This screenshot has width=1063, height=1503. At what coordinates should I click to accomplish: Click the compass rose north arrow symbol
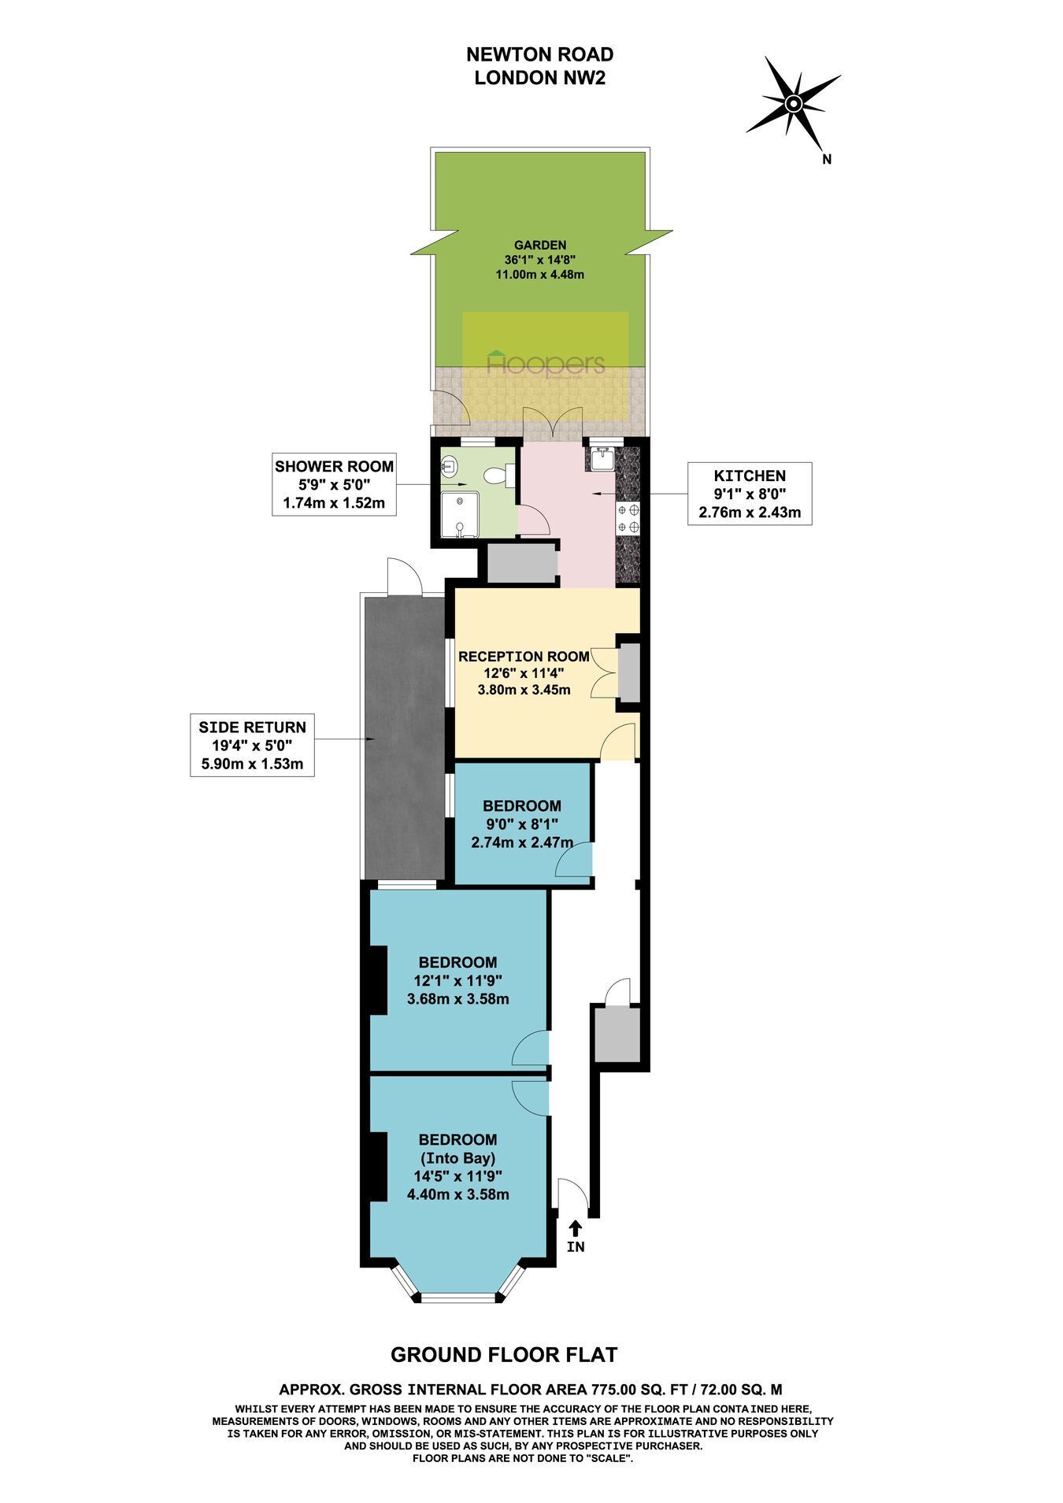point(794,104)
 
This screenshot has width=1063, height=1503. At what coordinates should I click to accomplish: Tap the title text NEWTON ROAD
point(539,54)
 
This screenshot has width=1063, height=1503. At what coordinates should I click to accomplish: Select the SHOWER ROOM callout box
point(334,484)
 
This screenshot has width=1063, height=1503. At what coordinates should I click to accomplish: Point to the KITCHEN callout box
point(749,494)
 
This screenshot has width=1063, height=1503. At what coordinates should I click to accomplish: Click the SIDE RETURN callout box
point(252,745)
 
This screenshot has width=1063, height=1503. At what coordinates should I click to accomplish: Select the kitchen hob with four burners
point(629,518)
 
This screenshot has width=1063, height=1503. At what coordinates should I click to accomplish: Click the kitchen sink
point(600,457)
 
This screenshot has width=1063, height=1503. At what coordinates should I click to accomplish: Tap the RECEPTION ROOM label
point(524,657)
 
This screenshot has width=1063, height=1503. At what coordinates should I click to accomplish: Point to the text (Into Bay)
point(457,1158)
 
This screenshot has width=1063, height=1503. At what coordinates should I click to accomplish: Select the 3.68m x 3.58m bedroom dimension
point(457,999)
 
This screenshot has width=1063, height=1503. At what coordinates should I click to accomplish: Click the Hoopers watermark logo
point(546,363)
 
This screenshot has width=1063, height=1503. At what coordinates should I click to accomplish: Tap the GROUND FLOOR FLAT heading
point(504,1354)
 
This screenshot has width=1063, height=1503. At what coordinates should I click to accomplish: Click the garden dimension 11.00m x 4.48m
point(539,275)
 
